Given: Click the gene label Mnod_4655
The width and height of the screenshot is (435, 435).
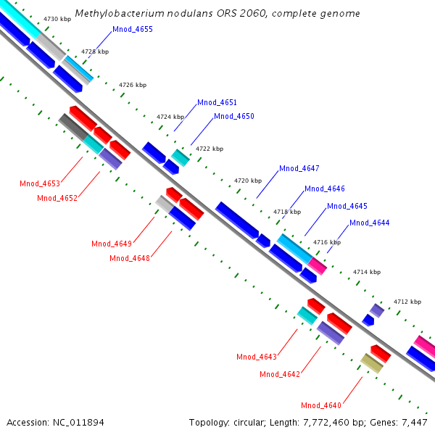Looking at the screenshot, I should coord(132,30).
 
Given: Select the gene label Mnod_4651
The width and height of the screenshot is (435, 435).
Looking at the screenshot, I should coord(217,103).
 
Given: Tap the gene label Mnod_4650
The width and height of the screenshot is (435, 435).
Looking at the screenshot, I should coord(233,116).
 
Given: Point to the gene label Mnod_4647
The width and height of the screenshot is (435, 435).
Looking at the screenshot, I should coord(299,168).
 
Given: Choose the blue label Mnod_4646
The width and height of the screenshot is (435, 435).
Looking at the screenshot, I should coord(324,188).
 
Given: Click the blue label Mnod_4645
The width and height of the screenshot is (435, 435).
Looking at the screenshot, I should coord(347,206).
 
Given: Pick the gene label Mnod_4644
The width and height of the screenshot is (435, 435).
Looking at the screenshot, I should coord(369,223).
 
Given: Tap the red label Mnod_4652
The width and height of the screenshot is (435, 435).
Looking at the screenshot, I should coord(57,198).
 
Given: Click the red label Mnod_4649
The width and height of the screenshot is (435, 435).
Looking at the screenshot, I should coord(111,244).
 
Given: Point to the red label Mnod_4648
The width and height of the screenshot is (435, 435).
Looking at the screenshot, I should coord(129,258).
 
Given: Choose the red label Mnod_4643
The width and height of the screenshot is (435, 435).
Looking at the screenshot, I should coord(256,357).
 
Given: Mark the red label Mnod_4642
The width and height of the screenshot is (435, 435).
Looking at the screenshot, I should coord(279,374).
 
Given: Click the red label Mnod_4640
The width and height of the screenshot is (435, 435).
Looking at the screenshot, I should coord(320,405).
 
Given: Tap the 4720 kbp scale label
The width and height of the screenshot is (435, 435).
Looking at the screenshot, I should coord(246,181).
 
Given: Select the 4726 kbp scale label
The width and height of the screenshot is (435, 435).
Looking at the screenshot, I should coord(133,86).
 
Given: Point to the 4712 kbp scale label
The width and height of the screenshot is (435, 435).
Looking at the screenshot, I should coord(407,302).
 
